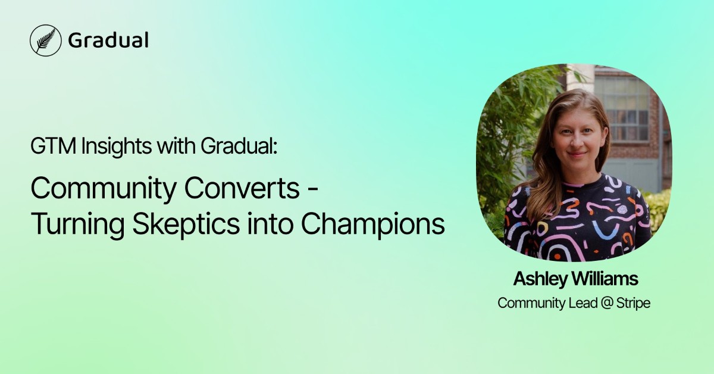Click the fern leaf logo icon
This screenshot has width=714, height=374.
click(46, 40)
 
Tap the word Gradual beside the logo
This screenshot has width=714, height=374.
click(108, 40)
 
